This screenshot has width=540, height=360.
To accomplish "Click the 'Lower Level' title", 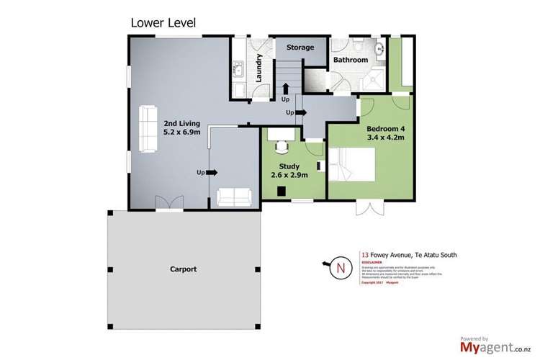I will (x=163, y=22).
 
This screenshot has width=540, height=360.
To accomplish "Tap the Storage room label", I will (x=300, y=48).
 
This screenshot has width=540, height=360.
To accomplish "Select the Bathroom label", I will (x=350, y=60).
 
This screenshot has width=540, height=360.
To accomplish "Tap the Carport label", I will (x=184, y=269).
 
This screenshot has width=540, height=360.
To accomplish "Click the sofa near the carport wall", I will (x=234, y=196).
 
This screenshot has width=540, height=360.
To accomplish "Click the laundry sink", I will (x=238, y=71).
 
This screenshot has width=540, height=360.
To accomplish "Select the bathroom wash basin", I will (x=379, y=49).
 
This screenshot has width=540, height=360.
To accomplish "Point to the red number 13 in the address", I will (x=364, y=254).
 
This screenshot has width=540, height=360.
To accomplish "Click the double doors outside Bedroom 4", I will (x=369, y=209).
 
